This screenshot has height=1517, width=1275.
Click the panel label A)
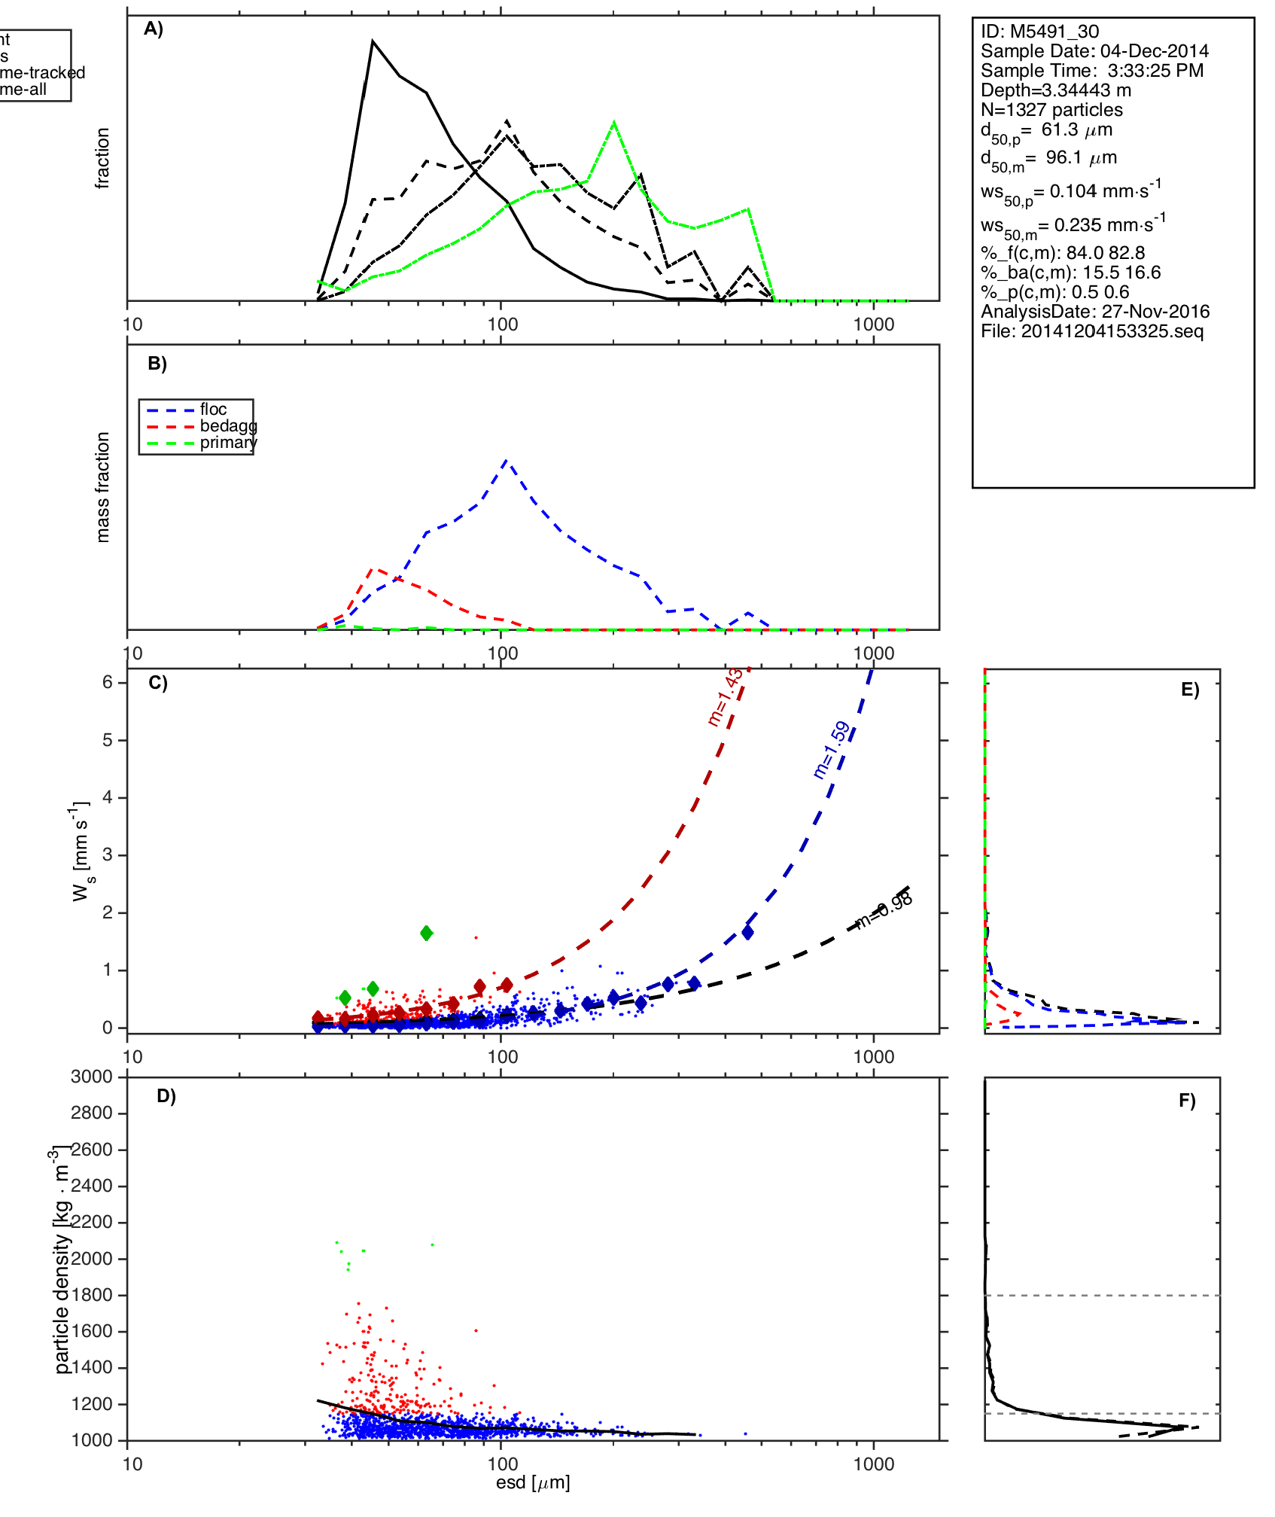(154, 29)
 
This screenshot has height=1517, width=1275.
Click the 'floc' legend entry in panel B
(213, 410)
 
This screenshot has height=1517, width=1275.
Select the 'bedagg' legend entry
(228, 426)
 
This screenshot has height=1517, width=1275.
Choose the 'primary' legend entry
(228, 443)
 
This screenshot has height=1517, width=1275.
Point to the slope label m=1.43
(725, 696)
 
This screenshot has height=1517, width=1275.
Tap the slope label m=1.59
(832, 750)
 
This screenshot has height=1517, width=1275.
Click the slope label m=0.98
(885, 909)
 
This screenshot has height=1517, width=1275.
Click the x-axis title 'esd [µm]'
(533, 1482)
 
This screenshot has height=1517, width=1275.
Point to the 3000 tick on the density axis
(92, 1077)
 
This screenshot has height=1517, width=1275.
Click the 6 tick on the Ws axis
(108, 682)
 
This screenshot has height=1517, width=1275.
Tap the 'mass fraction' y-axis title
(103, 486)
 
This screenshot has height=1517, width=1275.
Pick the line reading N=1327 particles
(1051, 110)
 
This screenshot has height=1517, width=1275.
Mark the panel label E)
(1190, 690)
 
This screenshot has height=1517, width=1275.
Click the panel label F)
(1187, 1101)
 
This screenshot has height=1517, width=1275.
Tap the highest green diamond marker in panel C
(427, 934)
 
